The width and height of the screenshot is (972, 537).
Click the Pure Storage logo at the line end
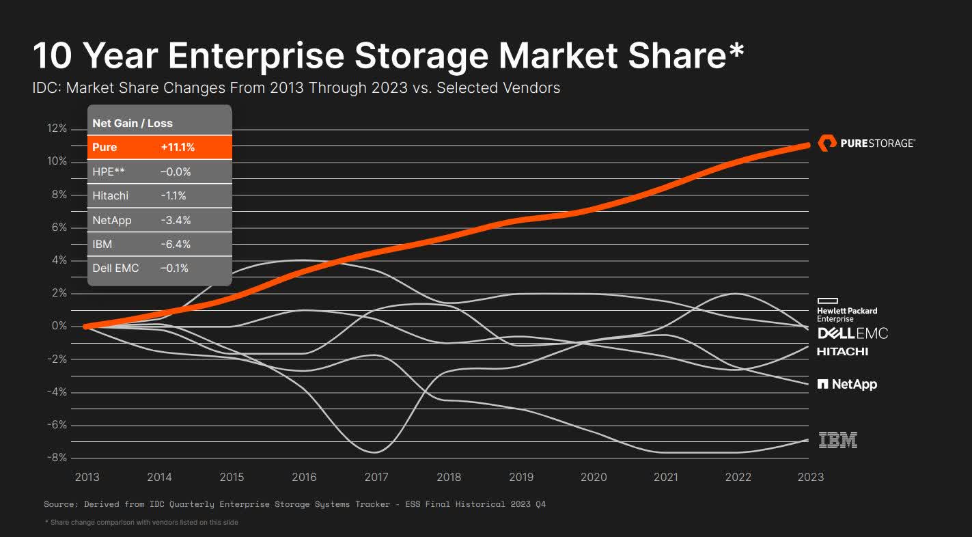click(x=866, y=143)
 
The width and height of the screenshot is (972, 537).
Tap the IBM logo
click(x=837, y=440)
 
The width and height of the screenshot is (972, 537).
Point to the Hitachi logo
click(x=842, y=352)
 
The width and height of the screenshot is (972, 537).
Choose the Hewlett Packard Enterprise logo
click(x=846, y=310)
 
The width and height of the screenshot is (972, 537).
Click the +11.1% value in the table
click(x=178, y=147)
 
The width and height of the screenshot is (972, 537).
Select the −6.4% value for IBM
click(x=176, y=244)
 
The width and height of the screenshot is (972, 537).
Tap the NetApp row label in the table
click(x=112, y=220)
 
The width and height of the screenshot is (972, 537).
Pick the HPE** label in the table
click(x=109, y=171)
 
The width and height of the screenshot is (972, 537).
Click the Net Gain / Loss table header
click(x=133, y=123)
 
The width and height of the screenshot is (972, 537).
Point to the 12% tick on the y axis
click(x=57, y=128)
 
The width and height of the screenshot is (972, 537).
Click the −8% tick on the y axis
click(x=55, y=458)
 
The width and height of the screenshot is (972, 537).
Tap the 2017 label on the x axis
click(x=376, y=477)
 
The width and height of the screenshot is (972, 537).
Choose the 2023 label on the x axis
click(x=810, y=477)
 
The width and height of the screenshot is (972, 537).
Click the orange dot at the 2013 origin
click(x=86, y=327)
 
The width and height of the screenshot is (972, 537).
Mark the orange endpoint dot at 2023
click(x=807, y=144)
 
